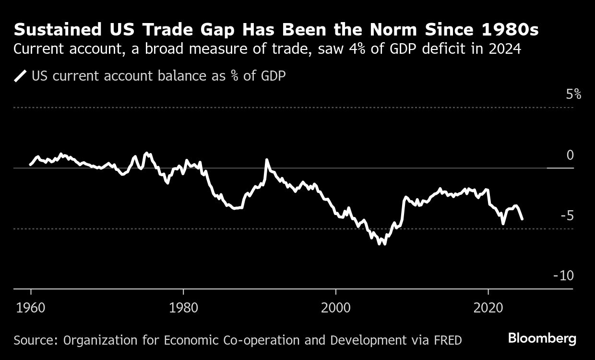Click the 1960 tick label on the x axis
(31, 308)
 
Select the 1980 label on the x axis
(183, 308)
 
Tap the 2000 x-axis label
(336, 308)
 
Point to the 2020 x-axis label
(488, 308)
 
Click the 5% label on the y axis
(573, 95)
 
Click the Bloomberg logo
(542, 339)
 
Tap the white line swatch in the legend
(21, 76)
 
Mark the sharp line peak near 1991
(267, 160)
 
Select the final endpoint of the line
(522, 219)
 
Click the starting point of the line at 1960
(30, 165)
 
